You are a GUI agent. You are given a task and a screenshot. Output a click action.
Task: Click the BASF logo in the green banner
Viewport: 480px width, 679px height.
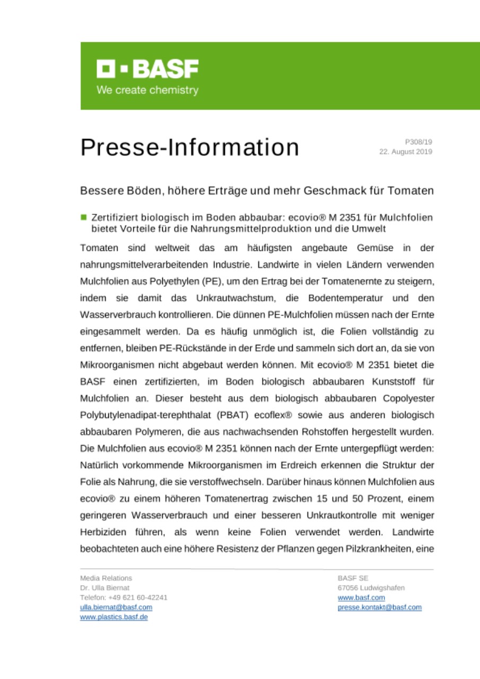147,69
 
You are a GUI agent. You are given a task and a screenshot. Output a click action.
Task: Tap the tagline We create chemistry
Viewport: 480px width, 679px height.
147,90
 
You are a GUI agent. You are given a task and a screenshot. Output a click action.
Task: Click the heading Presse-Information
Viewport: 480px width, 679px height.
189,147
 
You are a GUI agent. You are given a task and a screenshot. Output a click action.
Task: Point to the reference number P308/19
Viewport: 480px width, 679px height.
418,142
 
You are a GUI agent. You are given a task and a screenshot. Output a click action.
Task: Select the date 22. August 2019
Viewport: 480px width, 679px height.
406,152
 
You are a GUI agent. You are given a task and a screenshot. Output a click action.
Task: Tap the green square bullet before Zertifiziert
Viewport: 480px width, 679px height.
83,217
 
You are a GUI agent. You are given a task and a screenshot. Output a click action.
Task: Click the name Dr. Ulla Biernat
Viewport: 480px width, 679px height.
104,588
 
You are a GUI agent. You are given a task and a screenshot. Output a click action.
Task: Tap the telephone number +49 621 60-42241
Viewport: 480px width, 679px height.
134,597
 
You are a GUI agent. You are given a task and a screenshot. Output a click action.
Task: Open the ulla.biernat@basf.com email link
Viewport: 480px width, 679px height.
116,607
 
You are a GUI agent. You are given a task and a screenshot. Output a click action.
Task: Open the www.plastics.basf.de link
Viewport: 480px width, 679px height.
114,617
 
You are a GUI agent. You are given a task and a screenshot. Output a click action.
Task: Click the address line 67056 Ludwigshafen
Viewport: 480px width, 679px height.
371,588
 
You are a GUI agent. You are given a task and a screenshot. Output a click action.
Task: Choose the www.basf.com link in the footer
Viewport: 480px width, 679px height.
361,597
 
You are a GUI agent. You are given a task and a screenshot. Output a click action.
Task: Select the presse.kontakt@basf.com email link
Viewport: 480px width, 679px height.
379,607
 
